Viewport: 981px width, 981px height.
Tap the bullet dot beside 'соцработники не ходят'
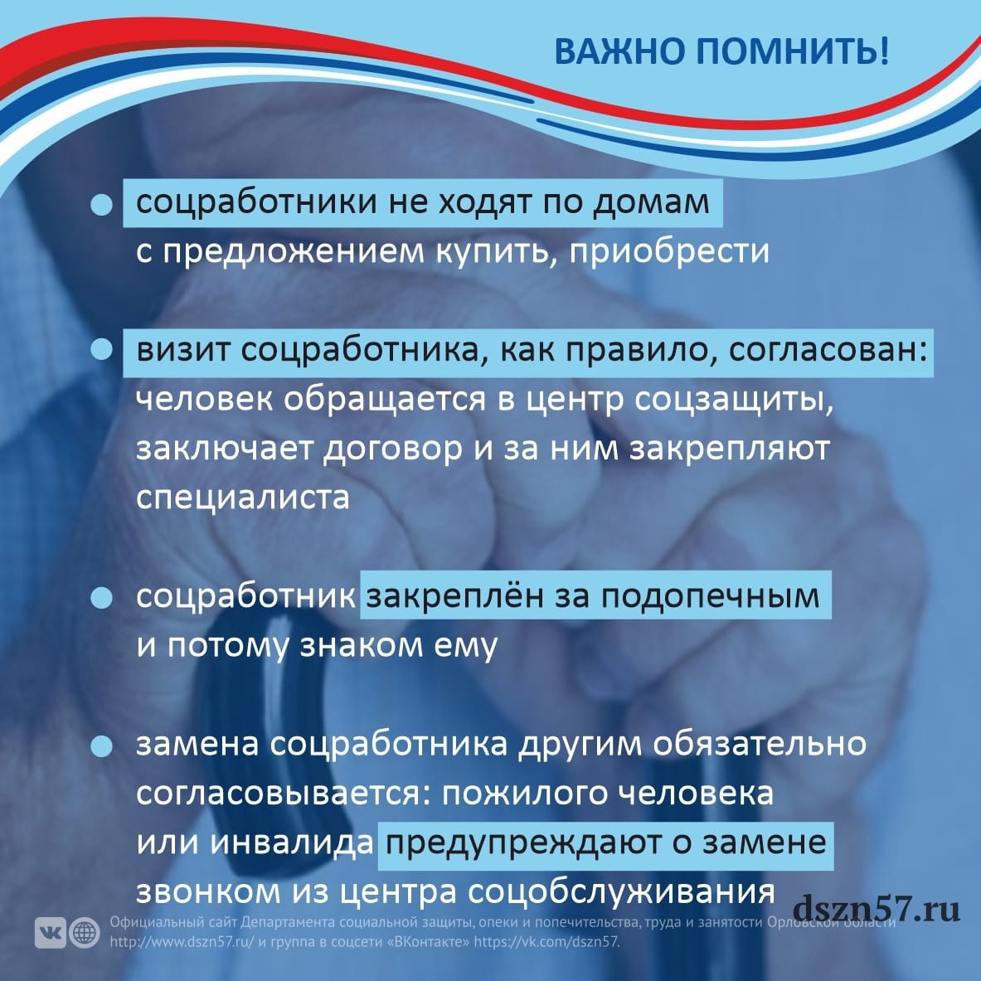tap(101, 204)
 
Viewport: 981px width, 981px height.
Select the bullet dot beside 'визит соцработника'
tap(101, 349)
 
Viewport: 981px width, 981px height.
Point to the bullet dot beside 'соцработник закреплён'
tap(101, 598)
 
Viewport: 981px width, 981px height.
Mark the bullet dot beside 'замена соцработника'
tap(101, 745)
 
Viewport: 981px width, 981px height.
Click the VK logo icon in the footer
tap(50, 933)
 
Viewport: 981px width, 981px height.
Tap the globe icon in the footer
tap(85, 933)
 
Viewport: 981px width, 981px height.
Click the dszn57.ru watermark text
tap(876, 908)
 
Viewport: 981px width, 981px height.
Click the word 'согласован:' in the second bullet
tap(828, 350)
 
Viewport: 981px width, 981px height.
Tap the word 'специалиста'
tap(243, 498)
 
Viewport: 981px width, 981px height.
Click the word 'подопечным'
tap(710, 598)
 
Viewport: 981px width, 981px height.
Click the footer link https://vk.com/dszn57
tap(546, 941)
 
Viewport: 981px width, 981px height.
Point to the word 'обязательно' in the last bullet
tap(760, 745)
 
